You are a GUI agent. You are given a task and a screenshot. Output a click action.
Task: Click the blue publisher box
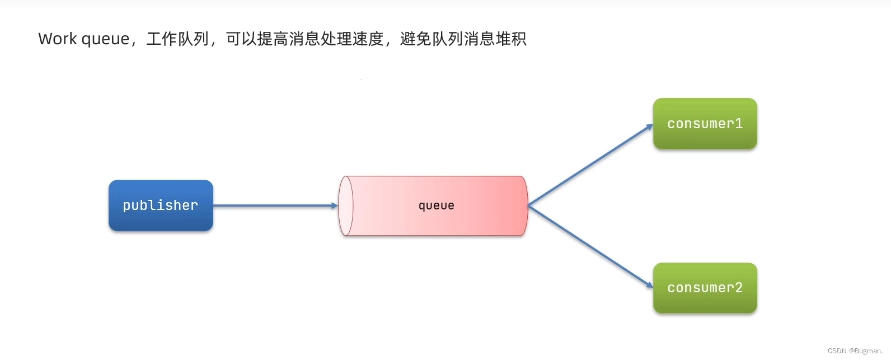tap(161, 205)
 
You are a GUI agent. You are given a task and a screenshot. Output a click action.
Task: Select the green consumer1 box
tap(705, 124)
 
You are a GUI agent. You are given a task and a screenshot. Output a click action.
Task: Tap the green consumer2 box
tap(705, 288)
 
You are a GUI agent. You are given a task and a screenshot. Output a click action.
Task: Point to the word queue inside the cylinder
tap(436, 205)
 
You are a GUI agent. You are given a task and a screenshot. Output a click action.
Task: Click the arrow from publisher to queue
tap(274, 205)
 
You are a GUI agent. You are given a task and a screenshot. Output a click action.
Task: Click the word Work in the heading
tap(58, 39)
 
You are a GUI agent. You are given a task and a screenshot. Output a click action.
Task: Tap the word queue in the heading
tap(105, 39)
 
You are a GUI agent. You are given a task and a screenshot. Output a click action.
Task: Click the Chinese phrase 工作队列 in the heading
tap(177, 39)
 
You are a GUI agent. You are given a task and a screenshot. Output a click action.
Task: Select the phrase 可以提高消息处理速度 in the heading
tap(304, 39)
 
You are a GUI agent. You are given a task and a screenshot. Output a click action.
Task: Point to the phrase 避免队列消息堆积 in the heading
tap(463, 39)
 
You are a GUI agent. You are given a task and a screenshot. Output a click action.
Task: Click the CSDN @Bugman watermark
tap(855, 351)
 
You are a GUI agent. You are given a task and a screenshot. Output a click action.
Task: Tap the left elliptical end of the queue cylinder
tap(346, 205)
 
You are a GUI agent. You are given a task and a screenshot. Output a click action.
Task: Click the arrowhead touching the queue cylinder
tap(335, 205)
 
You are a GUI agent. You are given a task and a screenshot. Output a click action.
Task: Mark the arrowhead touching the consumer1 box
tap(649, 127)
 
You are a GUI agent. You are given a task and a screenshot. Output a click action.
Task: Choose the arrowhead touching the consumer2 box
tap(649, 285)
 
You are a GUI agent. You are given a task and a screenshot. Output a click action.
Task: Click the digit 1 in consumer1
tap(739, 124)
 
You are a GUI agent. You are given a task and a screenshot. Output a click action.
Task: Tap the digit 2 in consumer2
tap(739, 288)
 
